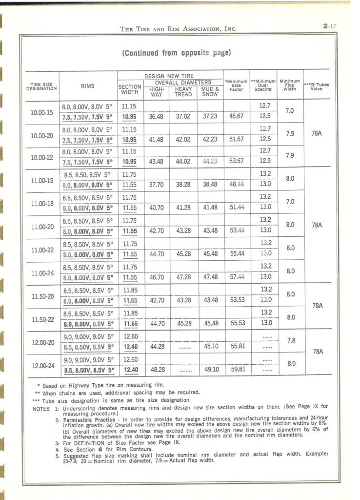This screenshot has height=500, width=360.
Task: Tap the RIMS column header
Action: click(88, 87)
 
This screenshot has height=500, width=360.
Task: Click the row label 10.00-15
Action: click(40, 112)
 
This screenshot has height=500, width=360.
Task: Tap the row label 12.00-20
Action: click(40, 343)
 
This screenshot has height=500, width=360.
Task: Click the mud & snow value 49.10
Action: click(211, 370)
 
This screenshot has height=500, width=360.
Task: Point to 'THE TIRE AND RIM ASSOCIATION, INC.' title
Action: click(178, 29)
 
